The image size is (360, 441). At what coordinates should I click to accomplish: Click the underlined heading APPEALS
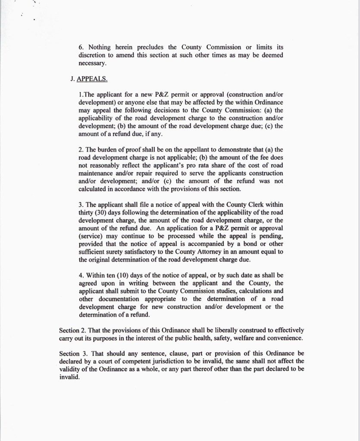tap(92, 80)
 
